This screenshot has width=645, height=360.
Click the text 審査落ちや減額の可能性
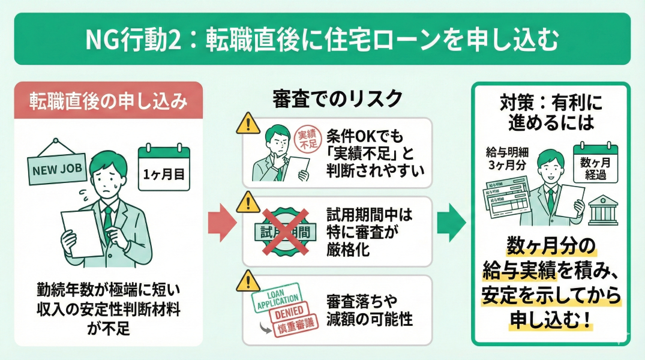[x=369, y=310]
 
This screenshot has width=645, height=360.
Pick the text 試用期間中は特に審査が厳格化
[x=369, y=232]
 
